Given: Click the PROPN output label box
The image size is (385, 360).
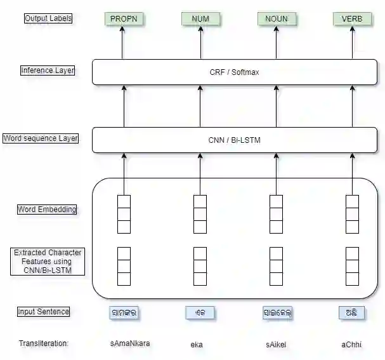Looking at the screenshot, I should pyautogui.click(x=124, y=19).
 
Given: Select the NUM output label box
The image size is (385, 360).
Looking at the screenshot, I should pyautogui.click(x=200, y=19).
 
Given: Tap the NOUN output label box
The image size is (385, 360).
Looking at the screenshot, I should pyautogui.click(x=277, y=19).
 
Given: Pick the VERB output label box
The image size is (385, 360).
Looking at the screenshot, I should pyautogui.click(x=352, y=19).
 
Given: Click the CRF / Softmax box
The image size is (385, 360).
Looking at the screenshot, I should pyautogui.click(x=235, y=72).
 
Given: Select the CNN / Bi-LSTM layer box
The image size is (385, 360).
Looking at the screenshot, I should pyautogui.click(x=235, y=140).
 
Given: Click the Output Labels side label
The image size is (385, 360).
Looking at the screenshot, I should pyautogui.click(x=48, y=18).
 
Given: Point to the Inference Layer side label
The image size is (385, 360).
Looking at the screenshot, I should pyautogui.click(x=48, y=70).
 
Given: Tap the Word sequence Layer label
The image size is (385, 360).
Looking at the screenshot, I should pyautogui.click(x=41, y=138).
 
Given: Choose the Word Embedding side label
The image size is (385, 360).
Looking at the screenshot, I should pyautogui.click(x=48, y=210).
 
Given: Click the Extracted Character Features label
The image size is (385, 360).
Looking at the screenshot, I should pyautogui.click(x=48, y=262).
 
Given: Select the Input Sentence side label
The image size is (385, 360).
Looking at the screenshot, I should pyautogui.click(x=44, y=312).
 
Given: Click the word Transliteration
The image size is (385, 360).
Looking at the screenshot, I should pyautogui.click(x=44, y=343).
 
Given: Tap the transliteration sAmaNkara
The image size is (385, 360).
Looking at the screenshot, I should pyautogui.click(x=130, y=344).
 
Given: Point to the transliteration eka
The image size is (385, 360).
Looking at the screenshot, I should pyautogui.click(x=197, y=345).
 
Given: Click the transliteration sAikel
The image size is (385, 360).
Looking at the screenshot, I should pyautogui.click(x=276, y=345).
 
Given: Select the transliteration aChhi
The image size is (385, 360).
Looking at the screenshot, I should pyautogui.click(x=352, y=344).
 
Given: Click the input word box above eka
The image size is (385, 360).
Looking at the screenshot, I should pyautogui.click(x=200, y=313).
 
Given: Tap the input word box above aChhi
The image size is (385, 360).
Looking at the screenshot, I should pyautogui.click(x=352, y=313).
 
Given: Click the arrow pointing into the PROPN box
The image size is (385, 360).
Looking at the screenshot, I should pyautogui.click(x=124, y=41).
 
